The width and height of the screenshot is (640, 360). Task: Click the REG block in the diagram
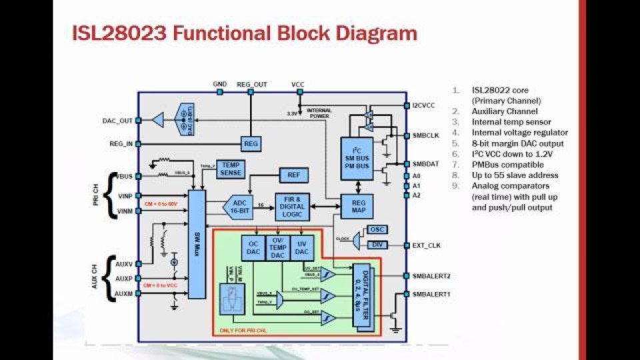pyautogui.click(x=251, y=143)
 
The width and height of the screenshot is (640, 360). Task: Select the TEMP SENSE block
pyautogui.click(x=231, y=169)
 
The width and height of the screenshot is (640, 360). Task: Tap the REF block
pyautogui.click(x=293, y=175)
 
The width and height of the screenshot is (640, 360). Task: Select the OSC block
pyautogui.click(x=377, y=229)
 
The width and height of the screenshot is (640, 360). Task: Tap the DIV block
pyautogui.click(x=377, y=245)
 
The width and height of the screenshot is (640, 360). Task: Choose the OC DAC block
pyautogui.click(x=253, y=247)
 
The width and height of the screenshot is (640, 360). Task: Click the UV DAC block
pyautogui.click(x=302, y=247)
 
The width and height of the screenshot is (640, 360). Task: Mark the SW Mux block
pyautogui.click(x=197, y=244)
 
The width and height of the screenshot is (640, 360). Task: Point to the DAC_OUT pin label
pyautogui.click(x=117, y=121)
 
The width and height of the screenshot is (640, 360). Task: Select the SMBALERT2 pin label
pyautogui.click(x=431, y=275)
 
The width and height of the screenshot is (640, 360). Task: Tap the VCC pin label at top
pyautogui.click(x=297, y=85)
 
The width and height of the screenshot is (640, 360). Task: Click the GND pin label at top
pyautogui.click(x=219, y=85)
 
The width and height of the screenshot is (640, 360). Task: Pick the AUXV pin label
pyautogui.click(x=124, y=263)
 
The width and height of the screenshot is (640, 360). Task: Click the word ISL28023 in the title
pyautogui.click(x=119, y=33)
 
